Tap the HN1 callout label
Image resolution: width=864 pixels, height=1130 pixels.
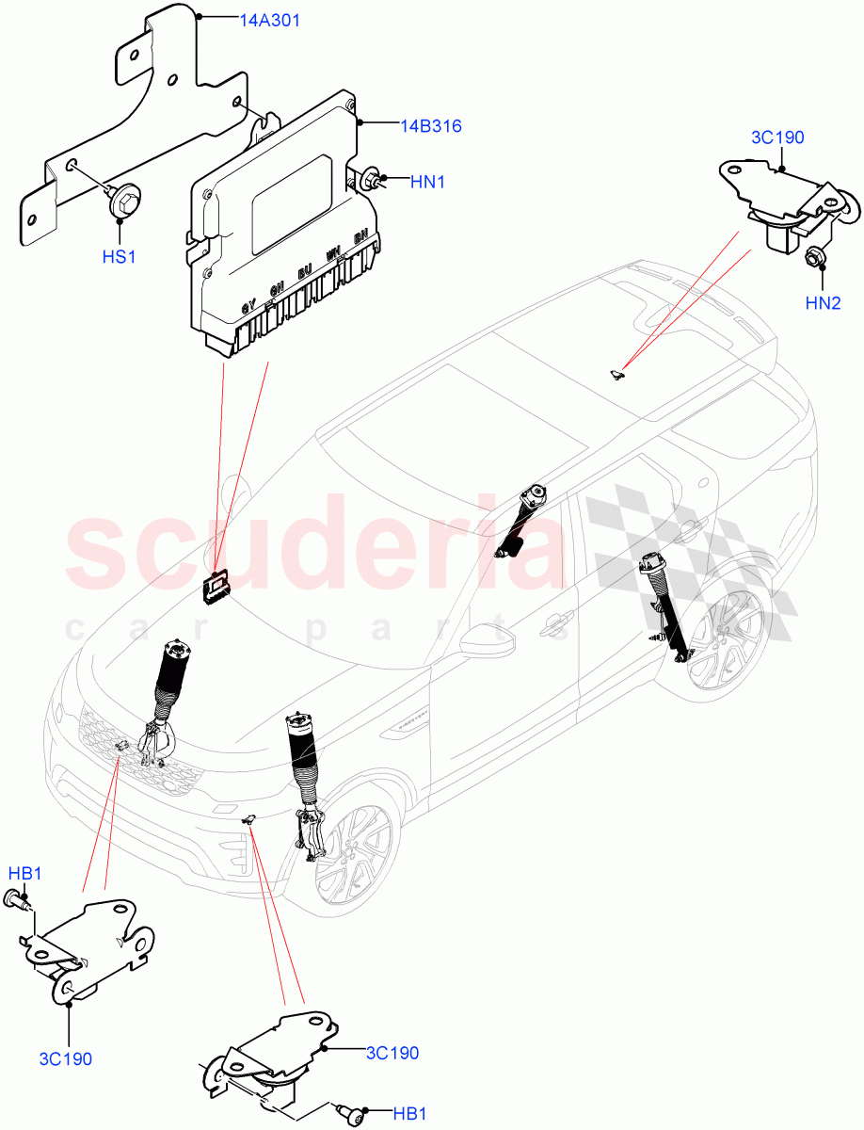coord(427,182)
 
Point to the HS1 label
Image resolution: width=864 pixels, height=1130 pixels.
coord(120,255)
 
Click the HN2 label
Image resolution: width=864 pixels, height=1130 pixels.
coord(823,302)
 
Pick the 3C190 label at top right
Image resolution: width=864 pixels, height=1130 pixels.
coord(777,137)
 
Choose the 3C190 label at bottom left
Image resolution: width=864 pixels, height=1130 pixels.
coord(66,1058)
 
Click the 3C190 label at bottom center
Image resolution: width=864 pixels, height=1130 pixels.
coord(392,1053)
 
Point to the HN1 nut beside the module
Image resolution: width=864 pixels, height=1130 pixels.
coord(370,178)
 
